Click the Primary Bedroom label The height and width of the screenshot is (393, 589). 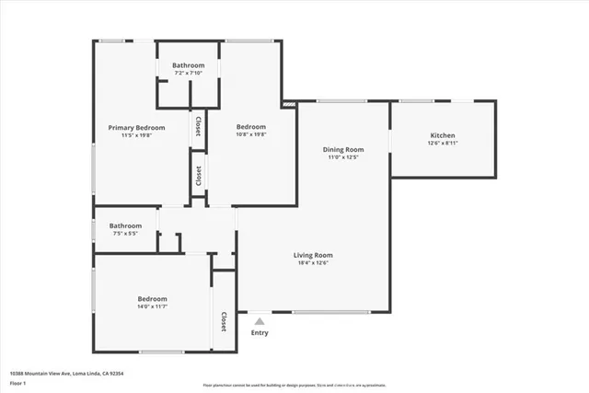click(136, 127)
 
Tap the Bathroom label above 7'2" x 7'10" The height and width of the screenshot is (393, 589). click(188, 65)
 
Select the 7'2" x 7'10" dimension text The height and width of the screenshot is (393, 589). click(188, 73)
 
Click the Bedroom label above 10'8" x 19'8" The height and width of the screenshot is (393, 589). click(250, 127)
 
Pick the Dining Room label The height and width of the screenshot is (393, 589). click(343, 149)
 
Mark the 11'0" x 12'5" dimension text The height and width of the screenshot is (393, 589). click(343, 156)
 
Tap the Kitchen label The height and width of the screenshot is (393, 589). click(443, 135)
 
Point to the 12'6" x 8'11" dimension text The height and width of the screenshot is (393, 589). click(443, 143)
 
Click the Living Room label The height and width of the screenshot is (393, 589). click(313, 255)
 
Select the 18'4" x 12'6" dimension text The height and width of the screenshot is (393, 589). click(313, 262)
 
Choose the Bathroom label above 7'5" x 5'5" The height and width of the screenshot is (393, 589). click(125, 225)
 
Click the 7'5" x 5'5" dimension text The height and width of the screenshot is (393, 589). click(125, 233)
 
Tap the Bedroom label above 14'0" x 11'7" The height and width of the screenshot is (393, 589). click(152, 298)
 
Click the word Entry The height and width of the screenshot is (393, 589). click(260, 332)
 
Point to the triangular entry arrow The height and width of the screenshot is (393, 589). click(260, 321)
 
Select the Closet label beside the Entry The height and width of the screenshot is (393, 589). click(224, 322)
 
